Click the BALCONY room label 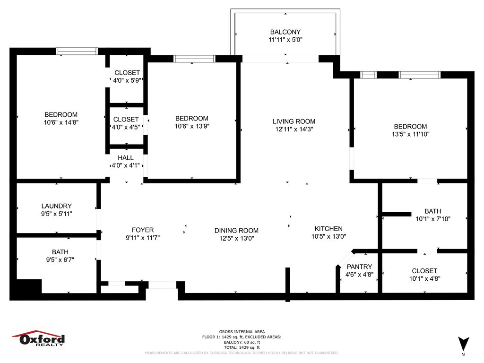pos(285,32)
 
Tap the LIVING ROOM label pos(294,121)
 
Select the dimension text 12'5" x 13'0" pos(236,238)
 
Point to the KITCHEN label pos(328,229)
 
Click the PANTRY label pos(359,267)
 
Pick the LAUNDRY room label pos(57,206)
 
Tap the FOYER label pos(143,230)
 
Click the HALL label pos(126,158)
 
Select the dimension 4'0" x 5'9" pos(127,80)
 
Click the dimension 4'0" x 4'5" pos(126,127)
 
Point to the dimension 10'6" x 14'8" pos(61,122)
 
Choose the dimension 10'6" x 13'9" pos(192,126)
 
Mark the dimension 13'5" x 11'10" pos(411,134)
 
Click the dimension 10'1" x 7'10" pos(433,219)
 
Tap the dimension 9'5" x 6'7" pos(60,260)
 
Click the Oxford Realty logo pos(39,339)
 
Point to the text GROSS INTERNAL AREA pos(242,332)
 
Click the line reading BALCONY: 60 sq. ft pos(242,342)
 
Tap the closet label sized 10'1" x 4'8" pos(424,271)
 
